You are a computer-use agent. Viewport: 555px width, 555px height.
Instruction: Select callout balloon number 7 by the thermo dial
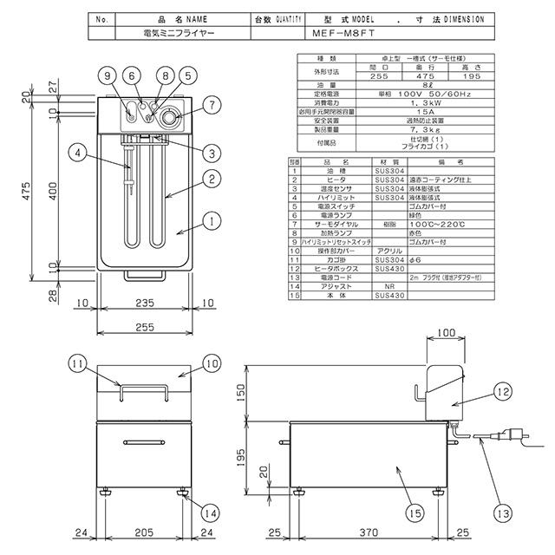[212, 106]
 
